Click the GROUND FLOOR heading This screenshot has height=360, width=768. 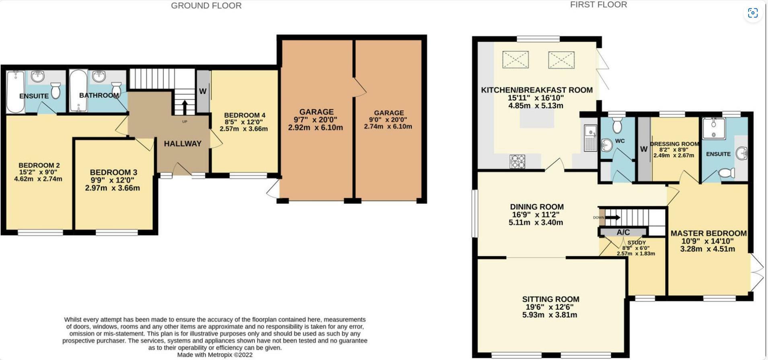coord(206,6)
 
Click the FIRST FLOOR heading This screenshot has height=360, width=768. coord(598,5)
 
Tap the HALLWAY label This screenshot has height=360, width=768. coord(183,144)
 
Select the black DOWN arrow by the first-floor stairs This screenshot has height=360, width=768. coord(612,218)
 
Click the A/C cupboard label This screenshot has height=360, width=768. coord(623,232)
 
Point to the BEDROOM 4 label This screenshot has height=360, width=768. coord(244,115)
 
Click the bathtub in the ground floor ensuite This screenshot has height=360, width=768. coord(15,92)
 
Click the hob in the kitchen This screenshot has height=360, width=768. coord(517,161)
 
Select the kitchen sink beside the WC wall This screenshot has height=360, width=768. coord(590,137)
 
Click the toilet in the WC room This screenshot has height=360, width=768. coord(617,125)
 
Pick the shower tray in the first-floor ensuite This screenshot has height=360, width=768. coord(714,128)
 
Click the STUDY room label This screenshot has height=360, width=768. coord(637,243)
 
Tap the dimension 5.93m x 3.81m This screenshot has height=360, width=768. coord(550,315)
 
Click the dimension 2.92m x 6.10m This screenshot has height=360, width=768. coord(316,128)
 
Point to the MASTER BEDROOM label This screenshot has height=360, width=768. coord(708,233)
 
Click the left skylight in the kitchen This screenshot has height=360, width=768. coord(515,60)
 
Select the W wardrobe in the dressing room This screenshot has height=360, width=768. coord(644,149)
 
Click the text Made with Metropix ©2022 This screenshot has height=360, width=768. coord(215,355)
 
